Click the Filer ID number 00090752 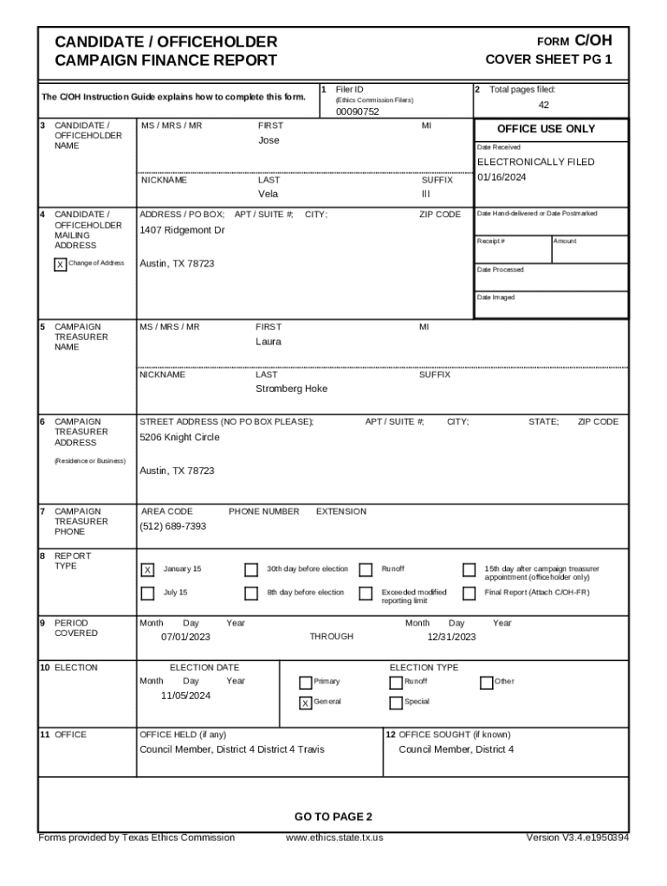[357, 112]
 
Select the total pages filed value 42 [544, 105]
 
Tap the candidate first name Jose [269, 140]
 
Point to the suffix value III [425, 194]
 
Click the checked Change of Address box [60, 265]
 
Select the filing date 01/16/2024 [502, 177]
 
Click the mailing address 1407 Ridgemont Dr [182, 230]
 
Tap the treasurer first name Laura [268, 342]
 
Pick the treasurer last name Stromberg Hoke [291, 389]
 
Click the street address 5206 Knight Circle [179, 437]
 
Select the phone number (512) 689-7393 [172, 526]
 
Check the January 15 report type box [148, 570]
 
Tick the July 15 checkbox [148, 594]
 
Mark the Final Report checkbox [469, 594]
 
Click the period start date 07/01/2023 [185, 637]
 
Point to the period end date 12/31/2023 [451, 637]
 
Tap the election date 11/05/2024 [185, 696]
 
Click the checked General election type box [305, 703]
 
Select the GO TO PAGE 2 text [333, 817]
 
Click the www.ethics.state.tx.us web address [333, 838]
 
